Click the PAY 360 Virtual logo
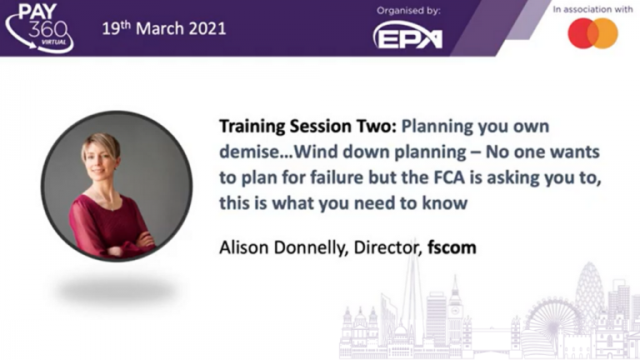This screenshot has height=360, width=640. [x=39, y=27]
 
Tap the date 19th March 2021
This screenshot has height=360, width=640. [x=163, y=28]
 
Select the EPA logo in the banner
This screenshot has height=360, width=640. [x=407, y=35]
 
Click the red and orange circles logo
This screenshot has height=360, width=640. [x=592, y=33]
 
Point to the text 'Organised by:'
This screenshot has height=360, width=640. [x=408, y=11]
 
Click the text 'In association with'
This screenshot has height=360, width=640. [x=592, y=9]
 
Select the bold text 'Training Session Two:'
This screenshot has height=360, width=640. [x=307, y=126]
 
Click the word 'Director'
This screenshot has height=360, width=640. [x=387, y=247]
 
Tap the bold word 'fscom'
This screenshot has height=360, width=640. [x=452, y=247]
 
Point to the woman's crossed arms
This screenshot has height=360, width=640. [x=122, y=242]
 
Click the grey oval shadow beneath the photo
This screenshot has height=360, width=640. [x=117, y=290]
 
